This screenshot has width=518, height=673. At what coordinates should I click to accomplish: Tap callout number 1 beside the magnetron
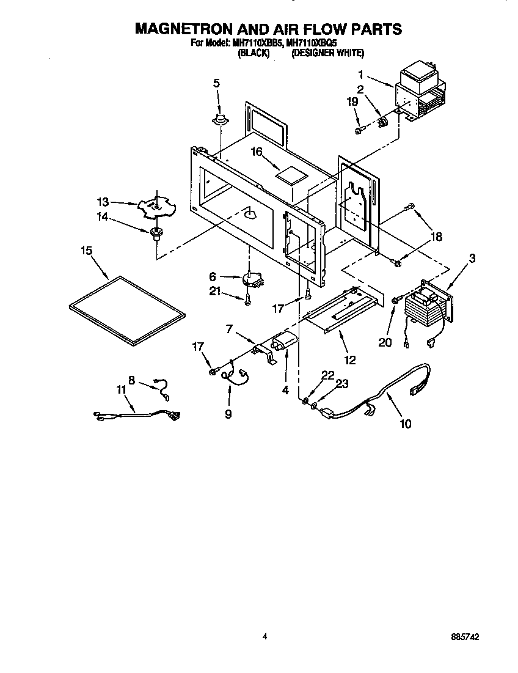coord(360,75)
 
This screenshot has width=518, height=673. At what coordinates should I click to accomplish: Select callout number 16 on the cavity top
coord(257,152)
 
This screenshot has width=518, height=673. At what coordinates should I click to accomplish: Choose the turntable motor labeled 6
coord(252,280)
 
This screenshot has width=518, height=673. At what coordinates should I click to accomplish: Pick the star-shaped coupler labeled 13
coord(157,207)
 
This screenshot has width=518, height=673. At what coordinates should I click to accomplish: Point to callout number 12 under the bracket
coord(350,359)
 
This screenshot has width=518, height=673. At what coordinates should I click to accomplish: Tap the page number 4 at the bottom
coord(264,636)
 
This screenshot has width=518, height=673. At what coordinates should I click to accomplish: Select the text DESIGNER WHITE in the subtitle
coord(327,54)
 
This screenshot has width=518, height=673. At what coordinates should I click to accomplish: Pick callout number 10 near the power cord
coord(405,424)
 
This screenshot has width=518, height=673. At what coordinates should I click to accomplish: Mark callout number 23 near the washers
coord(341,384)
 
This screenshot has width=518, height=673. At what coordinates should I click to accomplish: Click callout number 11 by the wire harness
coord(122,390)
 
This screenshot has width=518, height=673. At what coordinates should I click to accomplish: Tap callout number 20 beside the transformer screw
coord(385,342)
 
